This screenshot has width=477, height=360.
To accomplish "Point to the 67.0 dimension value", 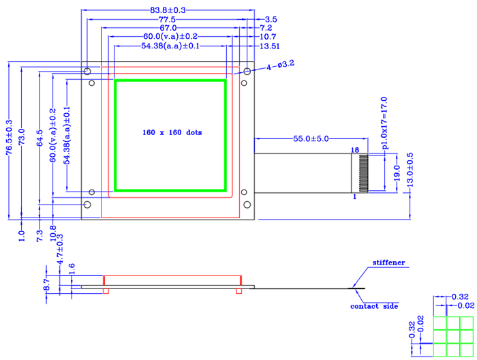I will (168, 28).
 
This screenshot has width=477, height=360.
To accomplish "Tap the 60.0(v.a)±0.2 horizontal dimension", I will (170, 36).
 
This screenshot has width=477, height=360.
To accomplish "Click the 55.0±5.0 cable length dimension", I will (311, 138).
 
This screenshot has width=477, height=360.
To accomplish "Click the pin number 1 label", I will (354, 196).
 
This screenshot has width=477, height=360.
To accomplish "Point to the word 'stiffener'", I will (388, 262).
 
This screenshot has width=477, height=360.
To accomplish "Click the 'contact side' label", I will (374, 306).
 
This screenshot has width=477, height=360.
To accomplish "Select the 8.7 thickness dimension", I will (47, 284).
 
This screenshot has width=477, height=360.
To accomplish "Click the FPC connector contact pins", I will (363, 173).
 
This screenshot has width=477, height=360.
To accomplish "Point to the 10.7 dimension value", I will (268, 37).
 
